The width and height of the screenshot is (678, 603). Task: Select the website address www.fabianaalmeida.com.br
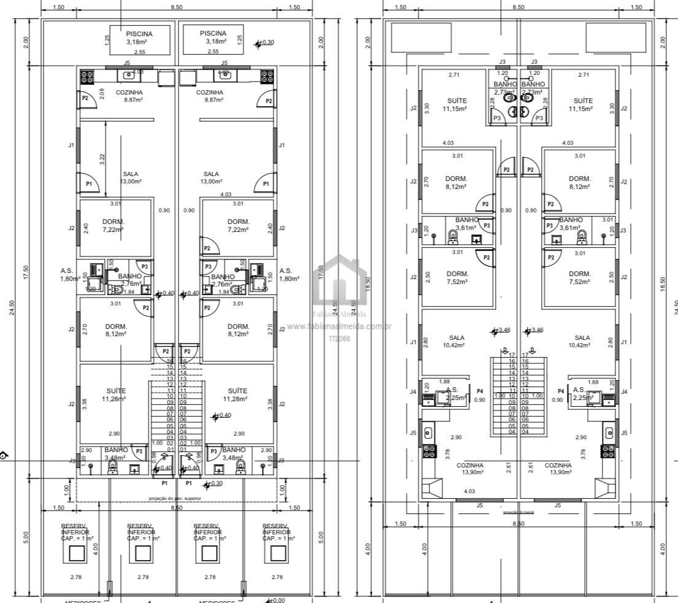pos(339,326)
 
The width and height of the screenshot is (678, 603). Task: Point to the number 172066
pos(339,338)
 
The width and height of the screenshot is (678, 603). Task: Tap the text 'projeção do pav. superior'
pos(175,498)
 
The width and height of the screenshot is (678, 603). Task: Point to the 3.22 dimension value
pos(102,158)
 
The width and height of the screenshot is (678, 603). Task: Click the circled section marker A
pos(4,456)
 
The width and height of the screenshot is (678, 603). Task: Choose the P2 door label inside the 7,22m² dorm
pos(207,248)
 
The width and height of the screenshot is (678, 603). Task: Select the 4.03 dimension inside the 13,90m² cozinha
pos(469,491)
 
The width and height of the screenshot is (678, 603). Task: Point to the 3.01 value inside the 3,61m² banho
pos(607,219)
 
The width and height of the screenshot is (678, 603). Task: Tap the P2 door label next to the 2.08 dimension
pos(85,98)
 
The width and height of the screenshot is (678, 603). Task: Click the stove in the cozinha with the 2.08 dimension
pos(87,77)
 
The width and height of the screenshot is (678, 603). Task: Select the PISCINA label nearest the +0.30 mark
pos(213,33)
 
